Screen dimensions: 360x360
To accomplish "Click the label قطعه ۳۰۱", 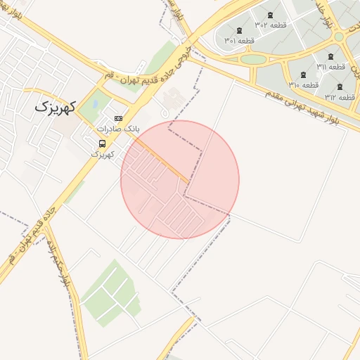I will click(239, 41).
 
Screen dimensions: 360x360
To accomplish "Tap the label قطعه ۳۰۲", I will click(269, 25).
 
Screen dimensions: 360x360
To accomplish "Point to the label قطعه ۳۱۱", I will click(330, 67).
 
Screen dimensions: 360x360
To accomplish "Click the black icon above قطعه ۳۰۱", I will click(240, 30).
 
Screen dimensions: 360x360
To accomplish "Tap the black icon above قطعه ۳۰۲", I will click(270, 15).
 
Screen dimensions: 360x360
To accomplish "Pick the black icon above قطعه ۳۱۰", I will click(303, 75).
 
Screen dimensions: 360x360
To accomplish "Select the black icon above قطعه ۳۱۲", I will click(340, 86).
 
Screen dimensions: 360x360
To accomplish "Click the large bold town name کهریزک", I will click(53, 107).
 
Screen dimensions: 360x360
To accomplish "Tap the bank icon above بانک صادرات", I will click(118, 118).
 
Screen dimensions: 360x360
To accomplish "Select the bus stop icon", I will click(103, 143).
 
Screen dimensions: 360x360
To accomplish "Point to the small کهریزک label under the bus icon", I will click(103, 153).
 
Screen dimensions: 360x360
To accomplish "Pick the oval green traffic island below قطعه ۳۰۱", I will click(253, 59).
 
